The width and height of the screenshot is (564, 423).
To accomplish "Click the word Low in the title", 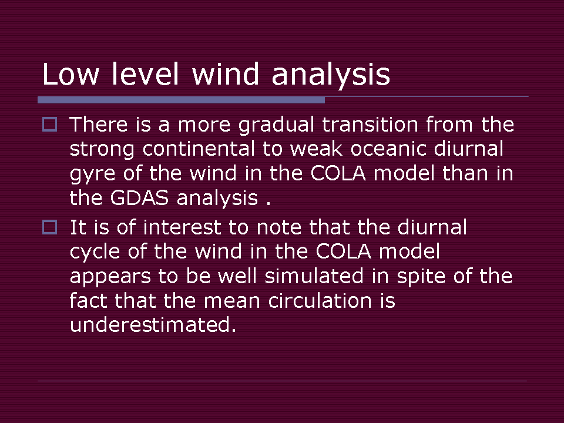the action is coord(70,74).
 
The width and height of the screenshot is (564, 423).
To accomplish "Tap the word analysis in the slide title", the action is coord(331,75).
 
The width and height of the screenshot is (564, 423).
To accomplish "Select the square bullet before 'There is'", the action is coord(49,125).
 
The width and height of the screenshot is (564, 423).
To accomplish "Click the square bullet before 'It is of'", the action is coord(49,227).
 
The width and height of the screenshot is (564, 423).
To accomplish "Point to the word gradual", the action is coord(276,126).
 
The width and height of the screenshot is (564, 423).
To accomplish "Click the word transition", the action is coord(370,125).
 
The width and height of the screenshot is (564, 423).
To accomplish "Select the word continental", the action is coord(199,149).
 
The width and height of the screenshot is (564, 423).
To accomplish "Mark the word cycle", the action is coord(95,253).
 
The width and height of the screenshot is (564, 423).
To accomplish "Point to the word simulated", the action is coord(314,276).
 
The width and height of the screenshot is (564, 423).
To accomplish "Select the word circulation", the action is coord(320,301).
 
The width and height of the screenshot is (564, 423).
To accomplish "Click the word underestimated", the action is coord(153,325).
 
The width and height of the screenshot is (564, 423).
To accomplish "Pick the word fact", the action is coord(89,301).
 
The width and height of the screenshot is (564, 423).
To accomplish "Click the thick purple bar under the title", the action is coord(182,100).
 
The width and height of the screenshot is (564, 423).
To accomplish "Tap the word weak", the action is coord(317,149).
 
